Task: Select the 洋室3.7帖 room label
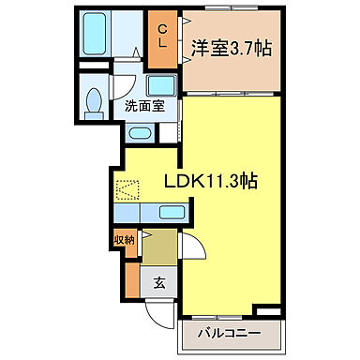pyautogui.click(x=233, y=46)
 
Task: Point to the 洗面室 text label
pyautogui.click(x=144, y=105)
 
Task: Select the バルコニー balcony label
pyautogui.click(x=230, y=332)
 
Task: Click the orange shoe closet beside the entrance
pyautogui.click(x=131, y=277)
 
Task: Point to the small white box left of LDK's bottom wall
pyautogui.click(x=266, y=308)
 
